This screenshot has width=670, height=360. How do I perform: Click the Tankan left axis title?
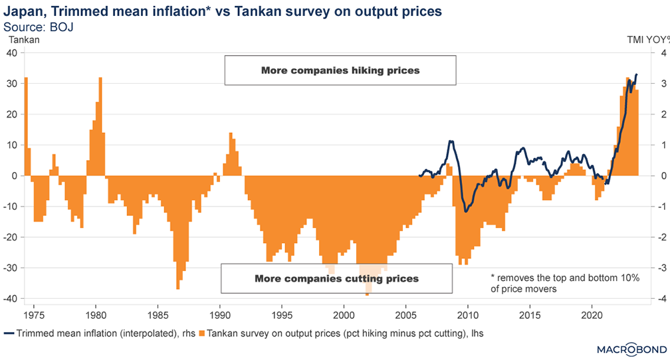[x=24, y=40]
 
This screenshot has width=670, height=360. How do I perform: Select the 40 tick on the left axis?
[x=13, y=53]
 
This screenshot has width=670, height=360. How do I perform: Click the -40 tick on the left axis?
[x=11, y=299]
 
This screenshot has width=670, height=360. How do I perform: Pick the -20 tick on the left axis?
[x=11, y=237]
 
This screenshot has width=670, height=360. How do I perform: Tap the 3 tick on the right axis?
[x=655, y=84]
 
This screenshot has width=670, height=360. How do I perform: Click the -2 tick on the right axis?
[x=656, y=237]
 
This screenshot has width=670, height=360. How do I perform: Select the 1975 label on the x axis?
[x=33, y=313]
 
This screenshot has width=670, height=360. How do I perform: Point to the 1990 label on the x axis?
[x=220, y=313]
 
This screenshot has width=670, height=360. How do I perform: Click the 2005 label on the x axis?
[x=406, y=313]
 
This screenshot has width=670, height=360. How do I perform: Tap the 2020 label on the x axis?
[x=592, y=313]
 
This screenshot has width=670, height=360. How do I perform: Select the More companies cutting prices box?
[x=337, y=278]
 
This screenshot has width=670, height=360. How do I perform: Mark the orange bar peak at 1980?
[x=100, y=78]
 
